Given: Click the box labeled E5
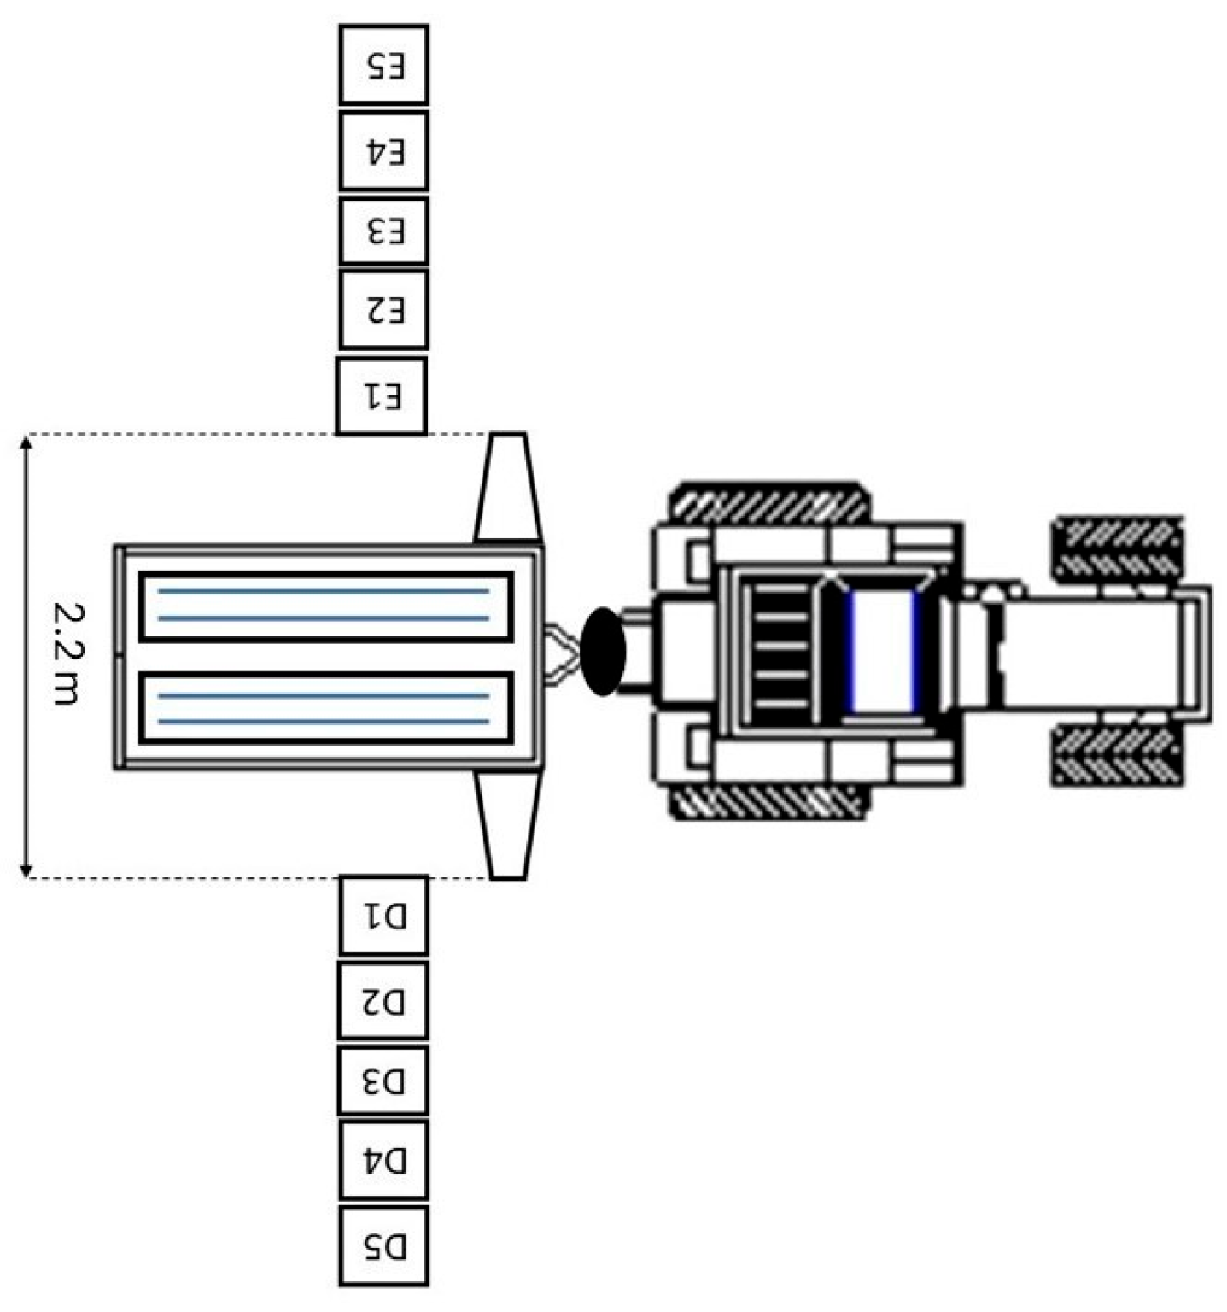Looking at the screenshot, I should pos(384,65).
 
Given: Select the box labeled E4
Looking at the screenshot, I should pos(384,150).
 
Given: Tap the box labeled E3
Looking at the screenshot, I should pos(384,231).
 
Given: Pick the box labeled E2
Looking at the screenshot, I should pos(384,309).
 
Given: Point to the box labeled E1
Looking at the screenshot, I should pos(381,396).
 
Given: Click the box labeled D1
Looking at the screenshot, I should pos(384,915).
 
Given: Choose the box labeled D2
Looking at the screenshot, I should pos(384,1000).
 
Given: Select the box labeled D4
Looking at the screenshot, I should pos(384,1160).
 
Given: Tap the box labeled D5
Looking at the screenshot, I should pos(384,1246).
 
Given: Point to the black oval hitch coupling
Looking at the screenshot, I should pos(604,651).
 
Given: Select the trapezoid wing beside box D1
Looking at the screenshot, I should pos(508,824).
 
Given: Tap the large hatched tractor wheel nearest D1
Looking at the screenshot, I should pos(768,801).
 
